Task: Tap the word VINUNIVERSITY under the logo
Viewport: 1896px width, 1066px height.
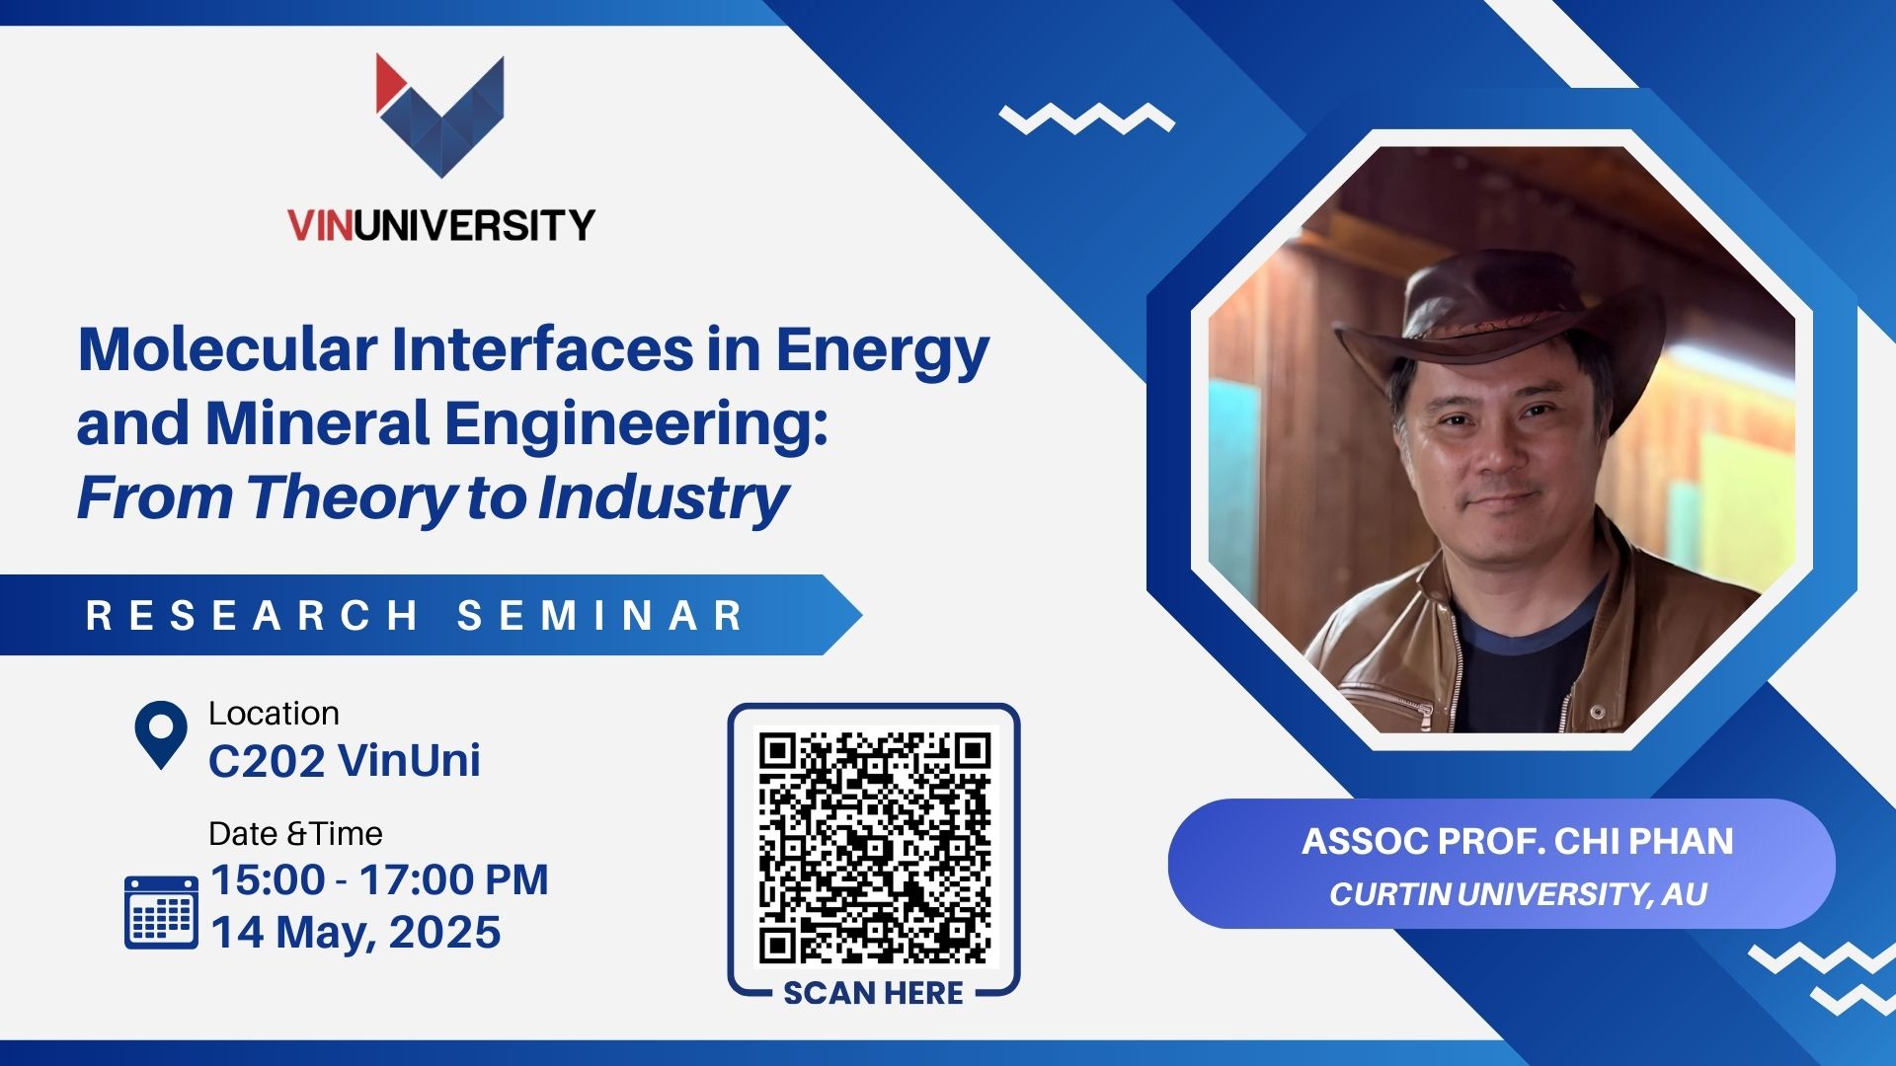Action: (x=441, y=225)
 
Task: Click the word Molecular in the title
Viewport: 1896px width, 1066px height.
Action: (x=228, y=349)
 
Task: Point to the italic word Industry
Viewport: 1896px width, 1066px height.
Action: (x=664, y=498)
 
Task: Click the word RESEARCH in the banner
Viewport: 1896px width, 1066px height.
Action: (x=253, y=615)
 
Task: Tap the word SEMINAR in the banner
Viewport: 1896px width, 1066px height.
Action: (x=600, y=615)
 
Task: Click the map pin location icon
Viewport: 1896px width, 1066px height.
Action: (x=161, y=734)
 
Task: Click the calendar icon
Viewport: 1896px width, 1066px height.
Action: (x=161, y=911)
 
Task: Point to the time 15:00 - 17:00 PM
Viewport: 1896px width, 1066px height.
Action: (x=380, y=879)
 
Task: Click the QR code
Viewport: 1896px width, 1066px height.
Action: (x=874, y=848)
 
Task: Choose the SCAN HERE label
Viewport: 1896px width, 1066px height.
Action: (x=873, y=993)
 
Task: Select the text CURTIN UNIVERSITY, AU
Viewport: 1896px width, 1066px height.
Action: (x=1518, y=894)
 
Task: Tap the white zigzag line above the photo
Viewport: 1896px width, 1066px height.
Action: (x=1087, y=118)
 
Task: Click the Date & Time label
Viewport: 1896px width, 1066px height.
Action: (x=295, y=834)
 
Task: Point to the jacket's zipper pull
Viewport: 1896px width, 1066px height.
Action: (x=1597, y=712)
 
